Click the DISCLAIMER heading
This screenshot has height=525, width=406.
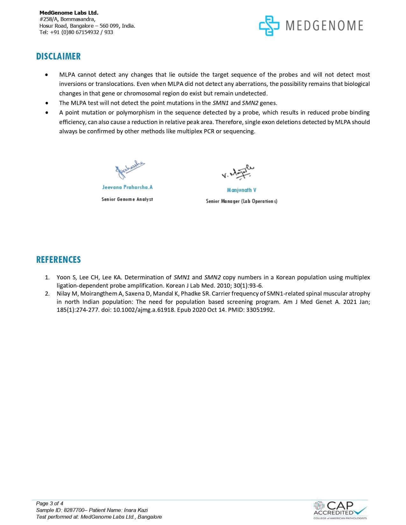tap(58, 56)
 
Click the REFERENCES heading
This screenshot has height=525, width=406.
tap(58, 260)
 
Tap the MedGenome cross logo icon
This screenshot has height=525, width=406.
tap(269, 25)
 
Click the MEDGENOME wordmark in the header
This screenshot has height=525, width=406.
tap(324, 25)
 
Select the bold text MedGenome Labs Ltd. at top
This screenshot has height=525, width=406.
tap(69, 13)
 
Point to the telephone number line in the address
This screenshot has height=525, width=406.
tap(76, 32)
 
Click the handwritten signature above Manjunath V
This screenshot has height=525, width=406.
tap(238, 173)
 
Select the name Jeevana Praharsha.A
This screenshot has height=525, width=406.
tap(127, 187)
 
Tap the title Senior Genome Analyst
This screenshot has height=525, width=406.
tap(127, 199)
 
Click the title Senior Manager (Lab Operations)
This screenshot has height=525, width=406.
tap(241, 201)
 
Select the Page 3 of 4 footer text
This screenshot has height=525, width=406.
tap(50, 503)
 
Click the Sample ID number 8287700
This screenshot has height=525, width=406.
tap(73, 510)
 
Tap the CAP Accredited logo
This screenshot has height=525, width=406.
tap(340, 510)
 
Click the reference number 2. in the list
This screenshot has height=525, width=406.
tap(47, 294)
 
